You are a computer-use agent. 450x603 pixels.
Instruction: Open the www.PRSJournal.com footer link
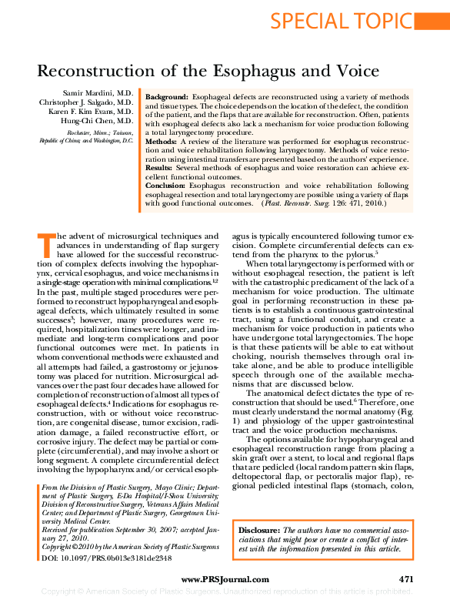tap(225, 579)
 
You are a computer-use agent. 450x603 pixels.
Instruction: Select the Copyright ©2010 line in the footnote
tap(130, 546)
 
